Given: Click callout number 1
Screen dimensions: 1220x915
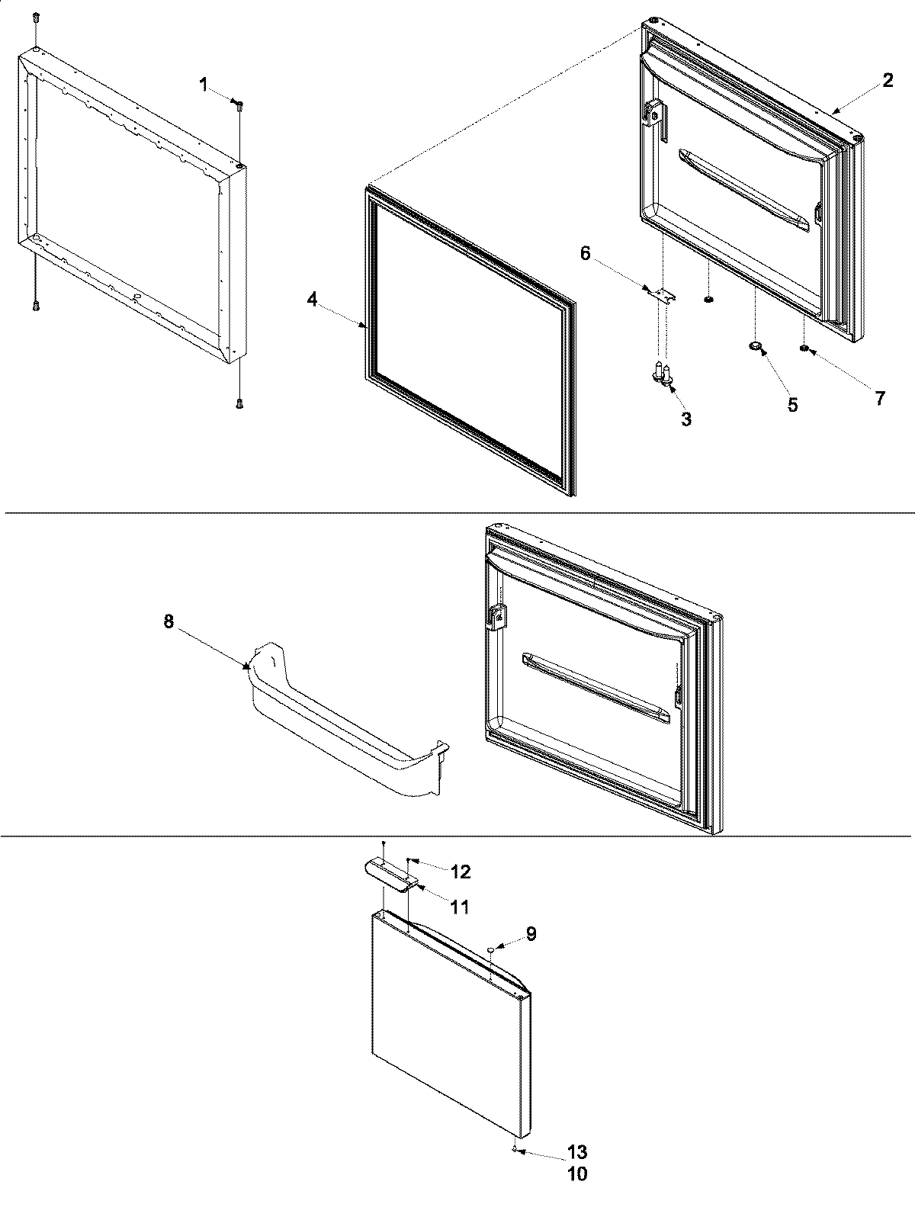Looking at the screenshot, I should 204,85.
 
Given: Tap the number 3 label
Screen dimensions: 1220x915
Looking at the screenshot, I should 686,419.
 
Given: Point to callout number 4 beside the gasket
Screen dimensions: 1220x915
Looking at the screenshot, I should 312,300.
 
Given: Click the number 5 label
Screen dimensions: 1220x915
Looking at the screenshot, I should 793,405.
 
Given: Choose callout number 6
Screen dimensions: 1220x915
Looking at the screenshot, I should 586,253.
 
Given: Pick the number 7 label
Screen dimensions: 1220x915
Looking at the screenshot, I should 880,397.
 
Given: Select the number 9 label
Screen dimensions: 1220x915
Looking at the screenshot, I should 531,933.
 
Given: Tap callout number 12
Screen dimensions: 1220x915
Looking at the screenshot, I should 460,872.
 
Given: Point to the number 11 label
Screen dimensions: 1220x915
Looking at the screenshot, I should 459,907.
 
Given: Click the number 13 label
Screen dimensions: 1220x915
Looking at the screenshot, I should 577,1153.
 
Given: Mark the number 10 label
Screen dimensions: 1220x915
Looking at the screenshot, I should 577,1174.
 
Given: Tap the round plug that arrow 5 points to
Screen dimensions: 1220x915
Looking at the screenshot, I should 756,347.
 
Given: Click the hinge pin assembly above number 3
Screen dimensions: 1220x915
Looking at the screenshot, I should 663,375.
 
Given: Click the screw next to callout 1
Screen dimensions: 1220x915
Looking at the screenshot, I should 239,108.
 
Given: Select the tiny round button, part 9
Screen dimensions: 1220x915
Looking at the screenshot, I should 493,949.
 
